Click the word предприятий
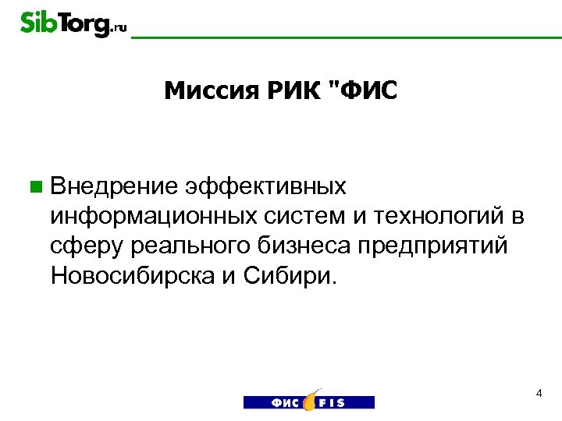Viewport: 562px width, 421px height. (433, 246)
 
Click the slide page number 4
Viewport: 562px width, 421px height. (539, 394)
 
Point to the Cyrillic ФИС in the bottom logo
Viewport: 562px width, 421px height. (286, 402)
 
